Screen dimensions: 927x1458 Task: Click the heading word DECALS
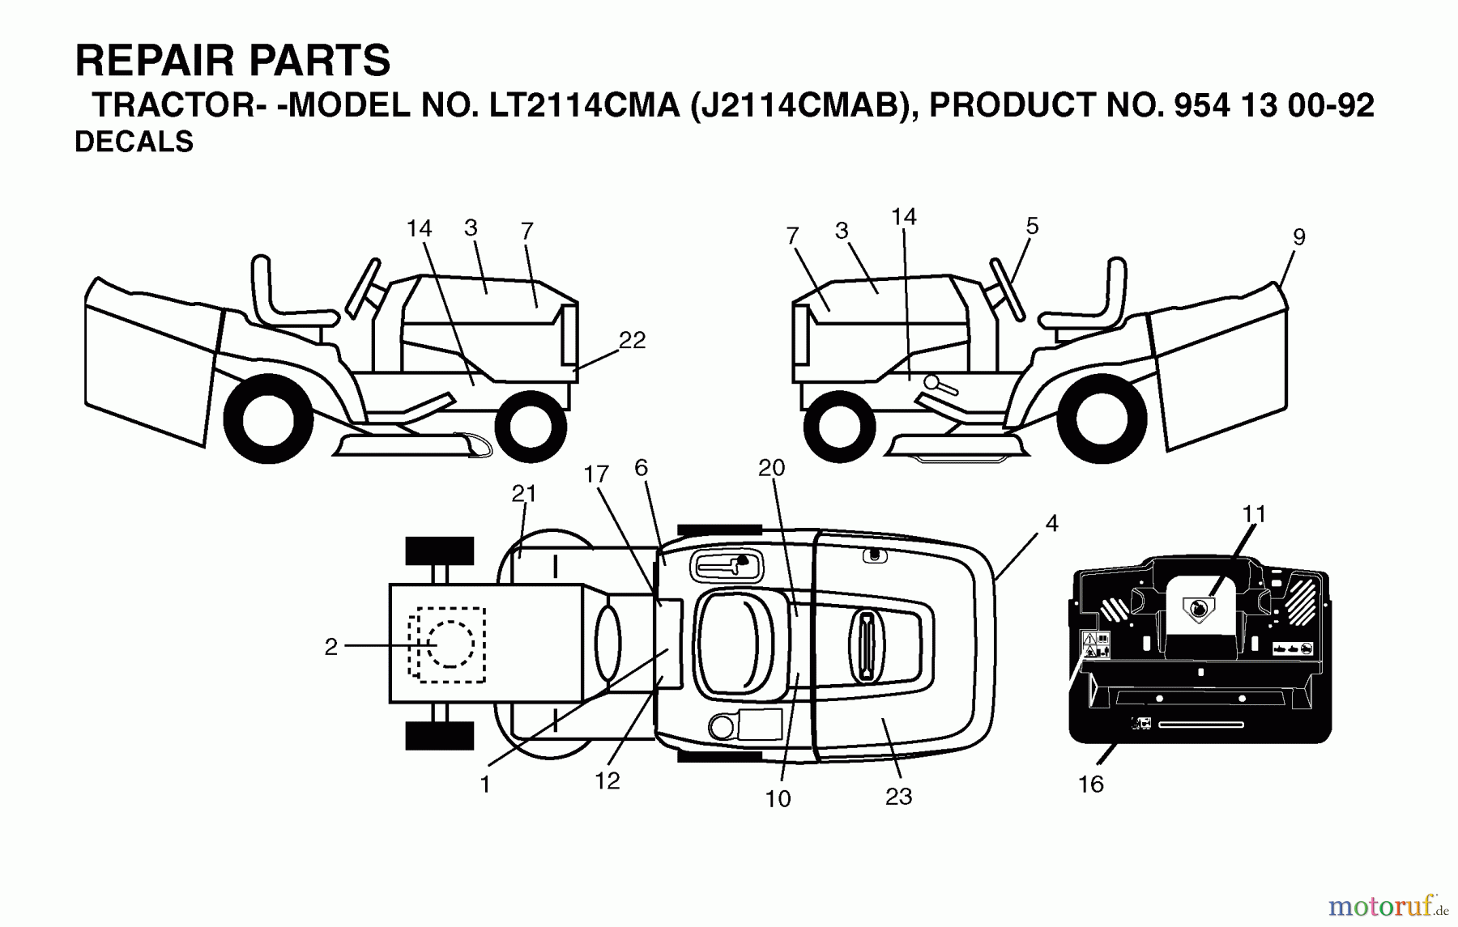pos(134,142)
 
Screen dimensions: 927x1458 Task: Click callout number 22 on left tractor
pos(632,341)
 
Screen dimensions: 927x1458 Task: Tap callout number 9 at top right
pos(1298,237)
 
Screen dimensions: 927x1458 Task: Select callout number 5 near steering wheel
pos(1031,226)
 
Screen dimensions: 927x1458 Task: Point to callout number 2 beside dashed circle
pos(330,647)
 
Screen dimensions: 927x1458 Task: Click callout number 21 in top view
pos(524,493)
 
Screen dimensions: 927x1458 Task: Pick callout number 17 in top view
pos(595,474)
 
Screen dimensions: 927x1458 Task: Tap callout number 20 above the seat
pos(771,468)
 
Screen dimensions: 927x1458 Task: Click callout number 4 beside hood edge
pos(1051,524)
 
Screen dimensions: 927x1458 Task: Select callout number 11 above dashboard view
pos(1253,513)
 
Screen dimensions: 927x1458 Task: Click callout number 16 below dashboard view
pos(1090,784)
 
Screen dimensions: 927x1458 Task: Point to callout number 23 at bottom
pos(898,797)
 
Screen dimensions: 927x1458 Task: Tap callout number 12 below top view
pos(607,780)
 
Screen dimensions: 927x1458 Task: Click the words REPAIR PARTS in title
pos(232,61)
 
